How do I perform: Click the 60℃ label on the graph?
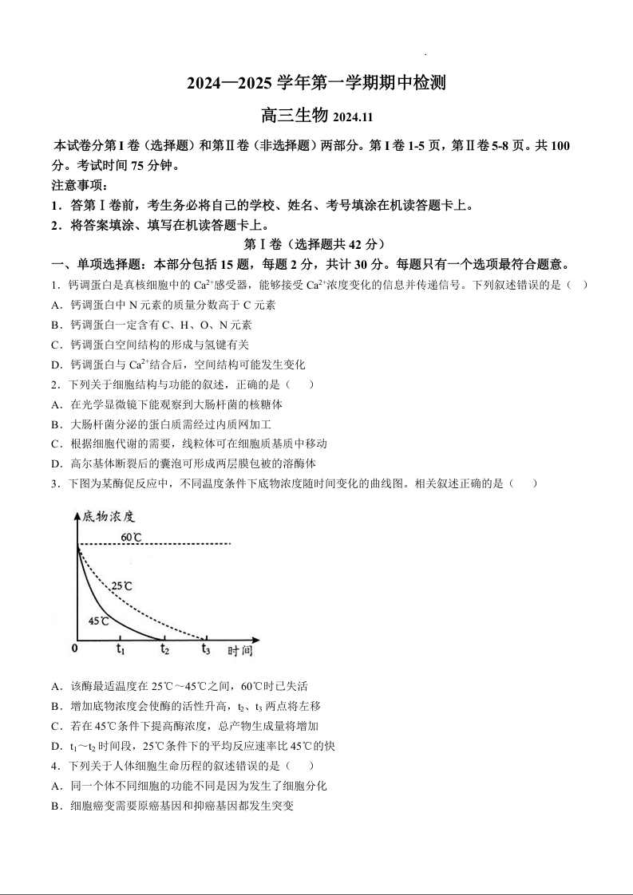click(132, 537)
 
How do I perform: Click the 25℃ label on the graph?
click(121, 586)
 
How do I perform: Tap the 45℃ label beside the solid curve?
click(99, 620)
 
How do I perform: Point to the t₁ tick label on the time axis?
click(121, 649)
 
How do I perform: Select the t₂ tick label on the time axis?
click(164, 649)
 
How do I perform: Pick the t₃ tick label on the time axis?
click(206, 649)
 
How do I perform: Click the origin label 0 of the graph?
click(74, 649)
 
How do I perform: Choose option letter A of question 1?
click(56, 305)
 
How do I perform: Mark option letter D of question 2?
click(56, 463)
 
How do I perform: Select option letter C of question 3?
click(56, 726)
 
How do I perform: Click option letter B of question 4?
click(56, 806)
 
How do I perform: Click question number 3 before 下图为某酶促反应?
click(54, 483)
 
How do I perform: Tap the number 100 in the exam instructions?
click(560, 146)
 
